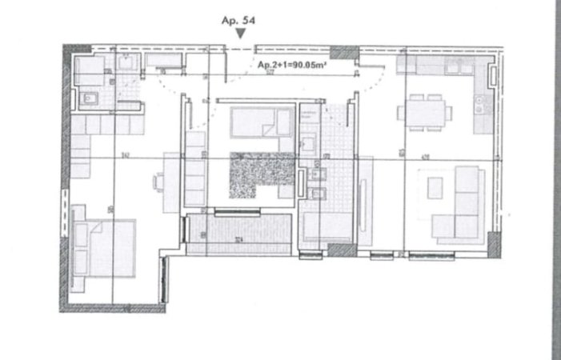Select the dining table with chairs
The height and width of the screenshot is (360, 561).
coord(426,111)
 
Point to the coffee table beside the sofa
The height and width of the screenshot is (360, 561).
coord(435,187)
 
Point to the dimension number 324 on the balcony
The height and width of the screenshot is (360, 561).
coord(238,238)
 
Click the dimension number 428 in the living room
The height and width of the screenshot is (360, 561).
coord(425,157)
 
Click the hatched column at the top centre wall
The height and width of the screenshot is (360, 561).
coord(344,52)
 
